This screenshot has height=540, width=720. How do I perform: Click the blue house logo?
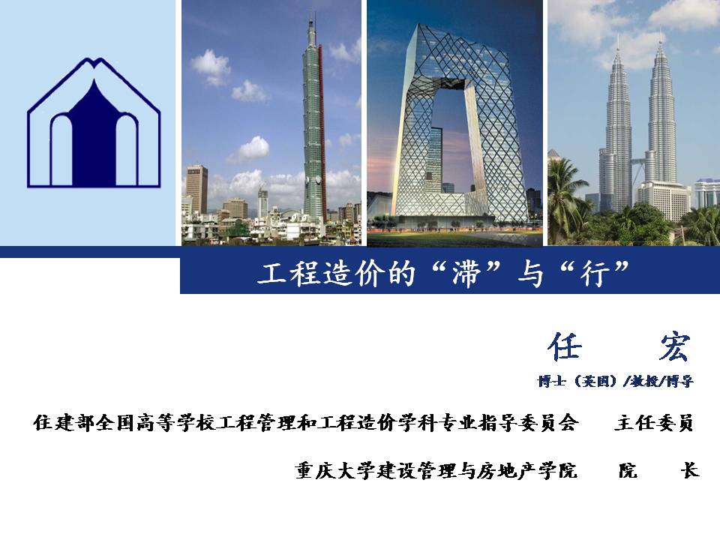94,122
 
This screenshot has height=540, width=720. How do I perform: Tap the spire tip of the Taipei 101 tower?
310,13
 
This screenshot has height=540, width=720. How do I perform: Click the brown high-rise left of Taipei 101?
196,189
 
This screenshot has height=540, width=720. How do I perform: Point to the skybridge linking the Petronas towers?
638,160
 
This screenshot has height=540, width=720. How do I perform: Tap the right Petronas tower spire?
660,36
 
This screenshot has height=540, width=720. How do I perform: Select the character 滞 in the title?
466,274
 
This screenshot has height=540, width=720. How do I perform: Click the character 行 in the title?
595,274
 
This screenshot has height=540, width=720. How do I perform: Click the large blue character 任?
564,346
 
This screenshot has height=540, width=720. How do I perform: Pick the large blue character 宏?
674,346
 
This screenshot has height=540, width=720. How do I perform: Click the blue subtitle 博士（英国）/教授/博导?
615,381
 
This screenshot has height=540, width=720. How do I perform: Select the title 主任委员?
654,423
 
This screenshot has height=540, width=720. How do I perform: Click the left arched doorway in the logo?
61,151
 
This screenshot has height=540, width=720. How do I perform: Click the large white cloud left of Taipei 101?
210,67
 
